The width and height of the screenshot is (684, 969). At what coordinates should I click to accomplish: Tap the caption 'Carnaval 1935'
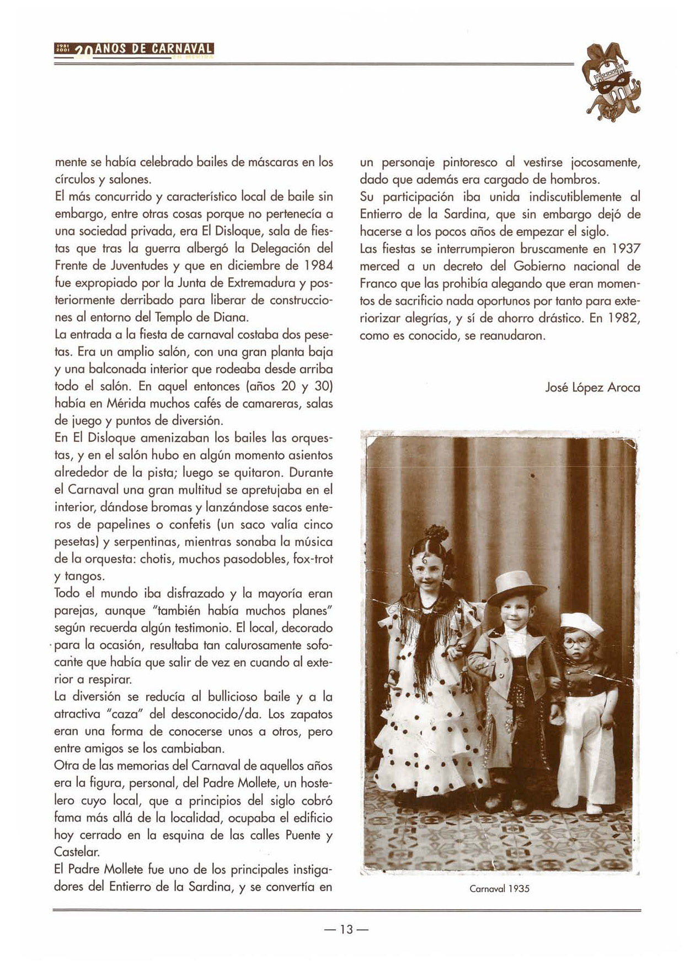coord(499,888)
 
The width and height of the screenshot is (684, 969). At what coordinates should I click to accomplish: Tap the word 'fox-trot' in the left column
coord(313,559)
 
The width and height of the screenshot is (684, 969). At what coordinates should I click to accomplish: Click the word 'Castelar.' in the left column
coord(77,852)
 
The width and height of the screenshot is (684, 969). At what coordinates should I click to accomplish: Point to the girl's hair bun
coord(437,534)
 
